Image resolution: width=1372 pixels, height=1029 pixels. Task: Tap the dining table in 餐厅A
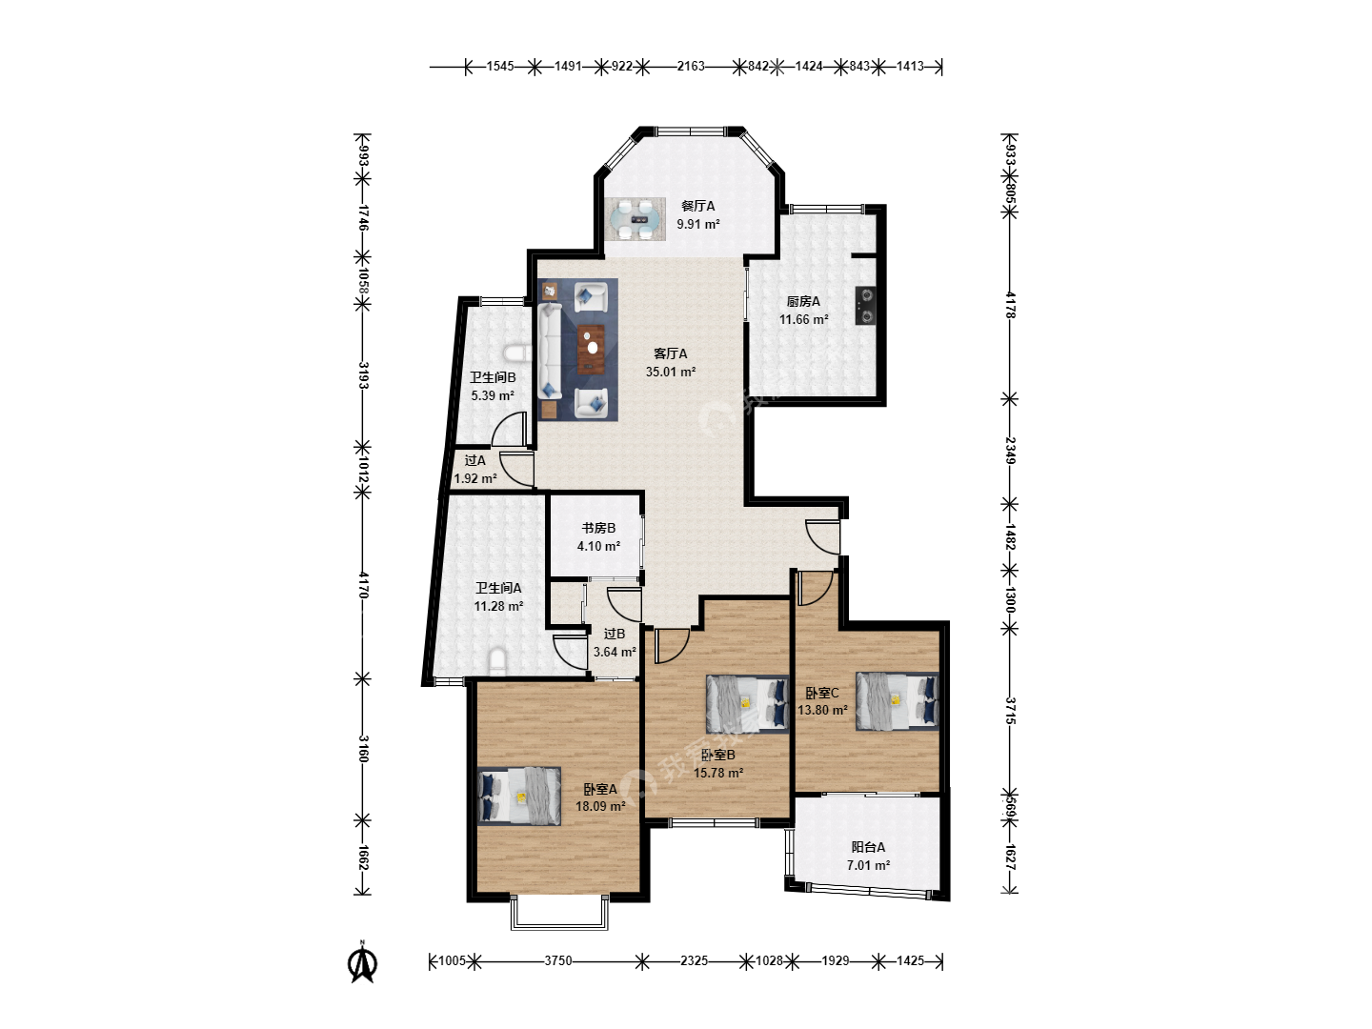tap(637, 219)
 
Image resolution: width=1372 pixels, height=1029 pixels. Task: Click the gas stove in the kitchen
tap(865, 306)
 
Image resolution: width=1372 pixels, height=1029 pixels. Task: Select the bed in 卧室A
tap(519, 797)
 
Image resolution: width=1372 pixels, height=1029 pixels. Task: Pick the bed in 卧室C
tap(897, 701)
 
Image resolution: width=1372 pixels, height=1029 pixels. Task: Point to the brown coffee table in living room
tap(591, 350)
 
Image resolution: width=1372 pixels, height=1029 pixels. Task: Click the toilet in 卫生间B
tap(518, 353)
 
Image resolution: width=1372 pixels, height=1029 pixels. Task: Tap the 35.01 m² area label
tap(670, 372)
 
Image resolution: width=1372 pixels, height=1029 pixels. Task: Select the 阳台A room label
tap(868, 847)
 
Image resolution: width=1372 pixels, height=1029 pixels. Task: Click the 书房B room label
tap(598, 528)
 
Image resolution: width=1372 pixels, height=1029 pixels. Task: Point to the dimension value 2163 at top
tap(691, 66)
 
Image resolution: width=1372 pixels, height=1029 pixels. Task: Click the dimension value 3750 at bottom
tap(557, 960)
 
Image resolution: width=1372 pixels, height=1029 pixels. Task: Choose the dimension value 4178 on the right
tap(1010, 305)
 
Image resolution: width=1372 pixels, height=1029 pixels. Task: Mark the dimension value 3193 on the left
tap(363, 374)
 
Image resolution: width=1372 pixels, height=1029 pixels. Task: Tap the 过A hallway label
tap(475, 460)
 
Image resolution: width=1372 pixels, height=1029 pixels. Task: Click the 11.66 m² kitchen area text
tap(803, 319)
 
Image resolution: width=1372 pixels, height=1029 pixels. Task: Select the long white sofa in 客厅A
tap(550, 350)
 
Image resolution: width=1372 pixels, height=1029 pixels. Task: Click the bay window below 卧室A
tap(559, 913)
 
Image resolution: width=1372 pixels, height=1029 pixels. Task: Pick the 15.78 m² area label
tap(718, 773)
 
